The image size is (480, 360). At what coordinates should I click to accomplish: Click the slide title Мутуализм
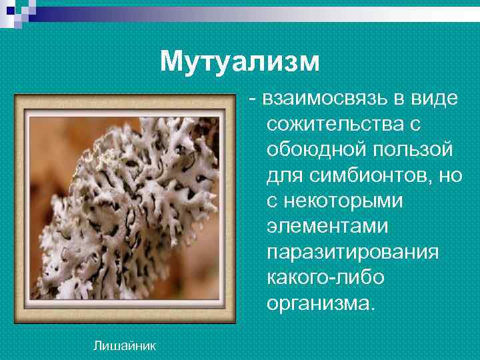pos(240,62)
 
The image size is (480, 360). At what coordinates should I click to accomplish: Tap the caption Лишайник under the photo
pos(125,345)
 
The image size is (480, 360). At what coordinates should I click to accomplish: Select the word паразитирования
pos(352,253)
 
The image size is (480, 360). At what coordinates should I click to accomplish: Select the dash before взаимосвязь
pos(253,100)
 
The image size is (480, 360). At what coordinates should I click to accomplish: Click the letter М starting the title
pos(169,62)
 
